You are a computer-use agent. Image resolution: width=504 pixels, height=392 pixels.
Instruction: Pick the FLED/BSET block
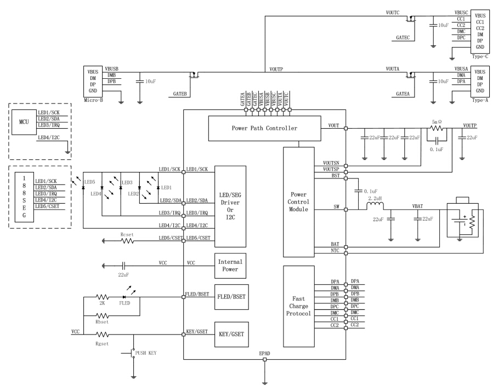point(231,297)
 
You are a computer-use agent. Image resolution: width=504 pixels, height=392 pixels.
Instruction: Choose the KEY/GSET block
point(231,334)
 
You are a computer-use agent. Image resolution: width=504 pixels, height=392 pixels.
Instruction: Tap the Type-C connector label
point(480,56)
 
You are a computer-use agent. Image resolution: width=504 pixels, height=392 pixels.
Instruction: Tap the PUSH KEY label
point(146,353)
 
